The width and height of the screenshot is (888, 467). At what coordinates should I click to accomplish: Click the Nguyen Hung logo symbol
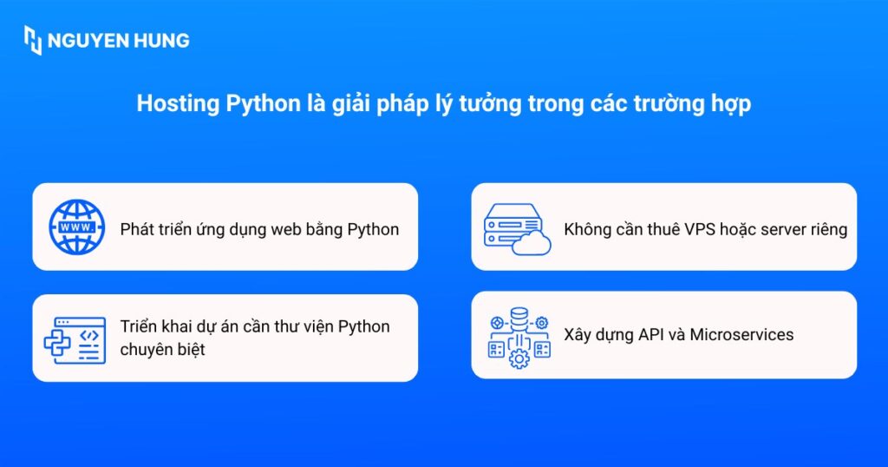coord(32,40)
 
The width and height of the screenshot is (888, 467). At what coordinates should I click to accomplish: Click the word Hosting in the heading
coord(178,104)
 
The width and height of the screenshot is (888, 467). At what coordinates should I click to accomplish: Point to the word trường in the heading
coord(669,104)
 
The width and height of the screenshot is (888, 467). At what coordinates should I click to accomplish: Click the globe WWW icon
coord(77,227)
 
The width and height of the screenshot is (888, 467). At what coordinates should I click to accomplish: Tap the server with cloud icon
coord(517,229)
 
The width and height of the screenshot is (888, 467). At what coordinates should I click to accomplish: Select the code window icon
coord(75,340)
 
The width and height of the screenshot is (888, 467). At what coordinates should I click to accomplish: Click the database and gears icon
coord(519,338)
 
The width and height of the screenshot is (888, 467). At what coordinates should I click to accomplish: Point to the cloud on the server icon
coord(532,242)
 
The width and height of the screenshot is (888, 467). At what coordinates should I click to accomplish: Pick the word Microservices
coord(741,334)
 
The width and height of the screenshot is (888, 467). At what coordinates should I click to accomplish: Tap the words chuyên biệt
coord(162,350)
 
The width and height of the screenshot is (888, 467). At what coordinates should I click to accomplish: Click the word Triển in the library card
coord(136,326)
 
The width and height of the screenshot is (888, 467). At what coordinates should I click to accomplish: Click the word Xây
coord(577,335)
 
